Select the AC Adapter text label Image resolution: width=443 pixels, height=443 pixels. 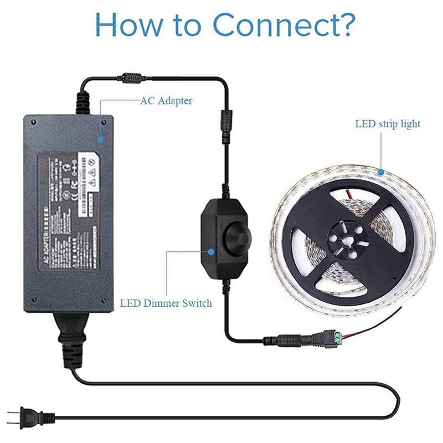(166, 101)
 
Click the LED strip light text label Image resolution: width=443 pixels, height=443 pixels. (388, 123)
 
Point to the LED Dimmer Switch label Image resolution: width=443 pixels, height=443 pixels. (166, 303)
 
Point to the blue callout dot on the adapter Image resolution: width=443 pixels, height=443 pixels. (101, 138)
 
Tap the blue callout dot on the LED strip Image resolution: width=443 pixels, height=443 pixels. (382, 173)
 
